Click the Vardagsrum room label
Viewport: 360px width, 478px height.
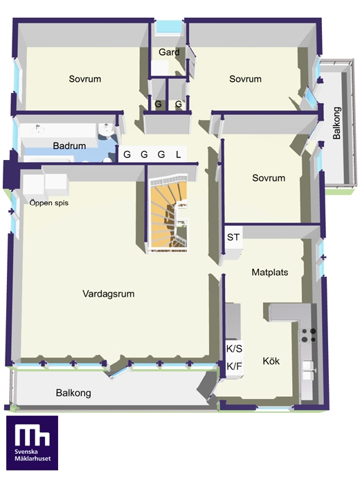click(108, 294)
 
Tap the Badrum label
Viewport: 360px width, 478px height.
click(69, 145)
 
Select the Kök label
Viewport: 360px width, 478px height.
click(271, 361)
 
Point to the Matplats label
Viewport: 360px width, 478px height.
click(270, 272)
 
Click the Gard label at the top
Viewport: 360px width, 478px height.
click(169, 52)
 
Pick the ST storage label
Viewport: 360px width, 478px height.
click(233, 237)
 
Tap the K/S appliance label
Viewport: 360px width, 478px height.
click(234, 348)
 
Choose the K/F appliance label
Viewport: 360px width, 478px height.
click(234, 366)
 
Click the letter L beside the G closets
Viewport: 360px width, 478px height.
click(179, 154)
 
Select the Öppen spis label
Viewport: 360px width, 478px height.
click(49, 203)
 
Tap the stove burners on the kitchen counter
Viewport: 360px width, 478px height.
click(309, 335)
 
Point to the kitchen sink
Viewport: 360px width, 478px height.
click(308, 370)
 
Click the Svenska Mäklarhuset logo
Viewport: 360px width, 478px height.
click(33, 443)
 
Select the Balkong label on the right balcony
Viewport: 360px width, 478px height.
click(336, 123)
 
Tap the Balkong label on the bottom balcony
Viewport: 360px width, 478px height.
click(73, 393)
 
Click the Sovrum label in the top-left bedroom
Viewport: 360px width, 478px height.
click(85, 79)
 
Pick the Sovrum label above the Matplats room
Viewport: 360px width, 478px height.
click(269, 178)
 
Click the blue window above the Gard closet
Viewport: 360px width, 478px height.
click(169, 28)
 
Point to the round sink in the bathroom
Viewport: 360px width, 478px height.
click(106, 132)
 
